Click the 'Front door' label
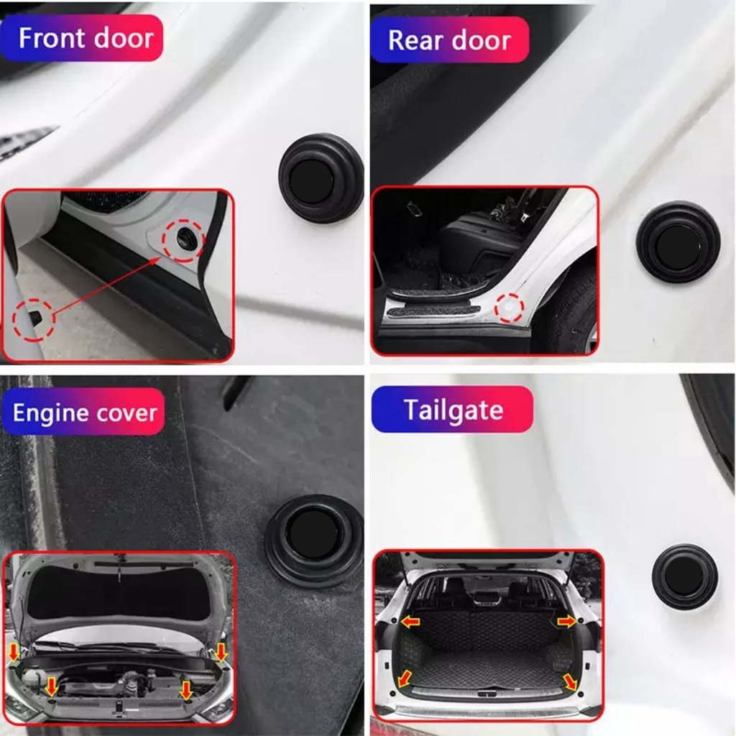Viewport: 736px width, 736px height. pyautogui.click(x=85, y=37)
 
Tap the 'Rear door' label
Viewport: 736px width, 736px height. pyautogui.click(x=449, y=40)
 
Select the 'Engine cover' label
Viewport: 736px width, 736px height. pyautogui.click(x=84, y=413)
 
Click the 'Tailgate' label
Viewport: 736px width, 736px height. pyautogui.click(x=452, y=410)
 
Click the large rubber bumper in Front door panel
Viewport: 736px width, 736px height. pyautogui.click(x=321, y=178)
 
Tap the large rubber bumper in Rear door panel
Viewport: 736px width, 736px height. pyautogui.click(x=678, y=241)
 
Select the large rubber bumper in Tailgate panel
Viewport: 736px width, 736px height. pyautogui.click(x=684, y=576)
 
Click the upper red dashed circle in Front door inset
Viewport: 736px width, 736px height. pyautogui.click(x=183, y=241)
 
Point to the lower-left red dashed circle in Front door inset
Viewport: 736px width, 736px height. pyautogui.click(x=34, y=318)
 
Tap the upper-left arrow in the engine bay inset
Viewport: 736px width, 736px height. pyautogui.click(x=14, y=653)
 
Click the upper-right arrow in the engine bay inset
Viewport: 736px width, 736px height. pyautogui.click(x=221, y=651)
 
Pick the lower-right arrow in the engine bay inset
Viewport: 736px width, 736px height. pyautogui.click(x=186, y=690)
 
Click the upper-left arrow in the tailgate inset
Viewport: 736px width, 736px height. pyautogui.click(x=410, y=622)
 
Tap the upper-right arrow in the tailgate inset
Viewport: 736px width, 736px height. pyautogui.click(x=567, y=621)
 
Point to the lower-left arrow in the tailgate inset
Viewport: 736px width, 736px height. pyautogui.click(x=405, y=677)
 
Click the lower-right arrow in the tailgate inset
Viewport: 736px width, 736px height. pyautogui.click(x=571, y=681)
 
